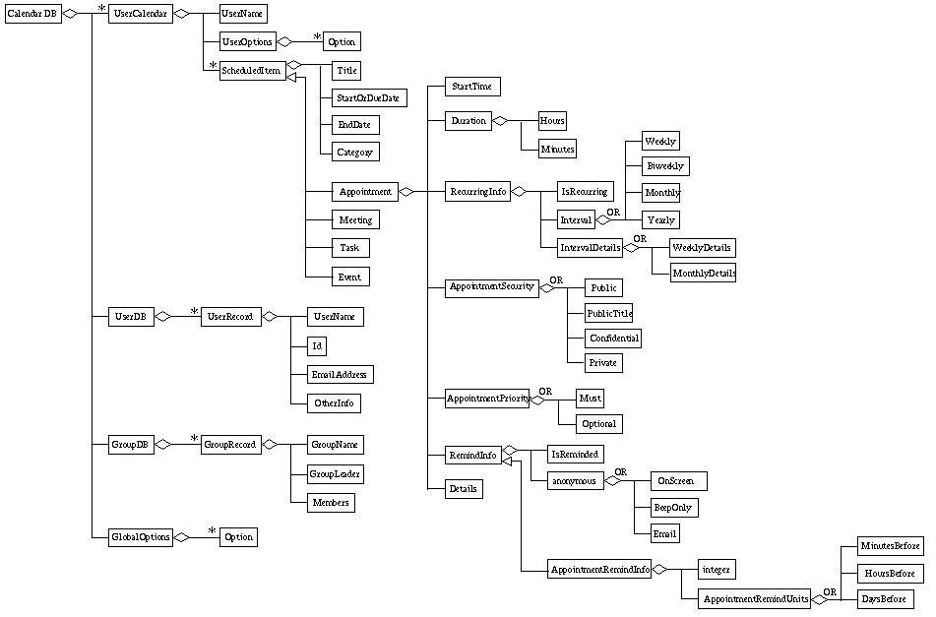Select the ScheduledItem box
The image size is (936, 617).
click(x=250, y=70)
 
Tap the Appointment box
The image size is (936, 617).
click(x=364, y=192)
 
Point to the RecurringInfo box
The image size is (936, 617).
click(x=478, y=192)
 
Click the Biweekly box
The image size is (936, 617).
click(x=665, y=165)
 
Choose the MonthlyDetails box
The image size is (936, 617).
click(x=703, y=273)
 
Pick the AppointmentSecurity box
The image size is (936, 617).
click(x=491, y=287)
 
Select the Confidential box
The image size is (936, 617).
click(x=614, y=338)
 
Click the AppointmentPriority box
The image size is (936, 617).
click(x=488, y=399)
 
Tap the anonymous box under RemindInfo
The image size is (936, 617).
click(x=575, y=481)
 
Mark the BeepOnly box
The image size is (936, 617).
click(x=673, y=508)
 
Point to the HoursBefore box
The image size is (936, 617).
click(x=890, y=572)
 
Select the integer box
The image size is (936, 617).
click(x=716, y=569)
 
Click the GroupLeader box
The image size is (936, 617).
click(x=335, y=474)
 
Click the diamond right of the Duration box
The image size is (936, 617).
click(x=499, y=121)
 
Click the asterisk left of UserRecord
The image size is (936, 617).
click(x=194, y=309)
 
